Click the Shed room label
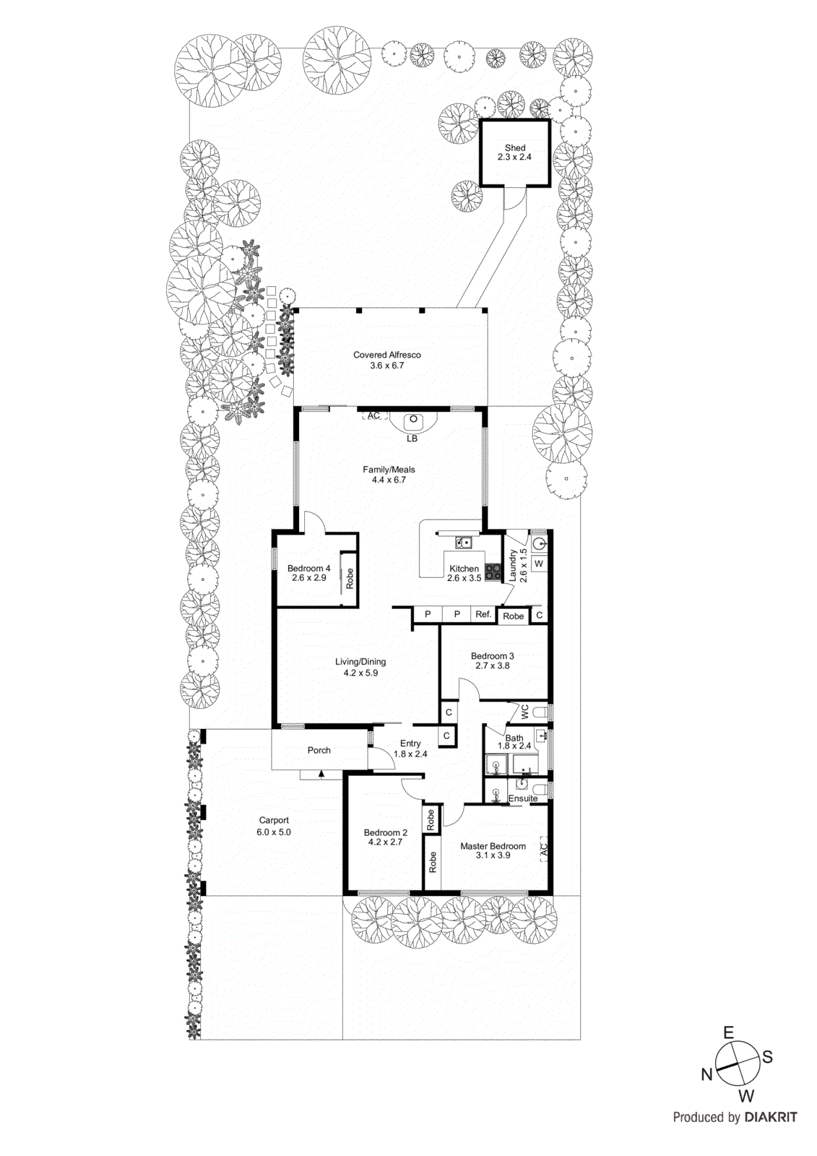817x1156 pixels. (514, 147)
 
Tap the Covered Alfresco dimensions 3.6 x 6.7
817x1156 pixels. (386, 366)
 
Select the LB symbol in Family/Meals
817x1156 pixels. (412, 438)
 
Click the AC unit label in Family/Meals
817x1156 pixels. (373, 415)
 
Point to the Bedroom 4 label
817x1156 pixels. (308, 568)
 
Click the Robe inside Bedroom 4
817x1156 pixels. (349, 577)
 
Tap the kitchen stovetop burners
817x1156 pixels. (493, 571)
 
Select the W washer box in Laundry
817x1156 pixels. (538, 564)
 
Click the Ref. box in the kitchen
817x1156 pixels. (483, 614)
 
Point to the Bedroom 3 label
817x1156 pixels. (492, 656)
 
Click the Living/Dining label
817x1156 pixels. (360, 661)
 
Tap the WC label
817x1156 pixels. (525, 711)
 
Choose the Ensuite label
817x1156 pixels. (522, 798)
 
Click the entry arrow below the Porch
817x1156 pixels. (321, 774)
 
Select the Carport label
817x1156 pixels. (274, 820)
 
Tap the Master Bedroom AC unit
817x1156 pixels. (543, 848)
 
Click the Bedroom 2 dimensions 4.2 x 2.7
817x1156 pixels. (385, 842)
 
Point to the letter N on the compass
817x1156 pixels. (706, 1074)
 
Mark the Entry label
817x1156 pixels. (410, 743)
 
